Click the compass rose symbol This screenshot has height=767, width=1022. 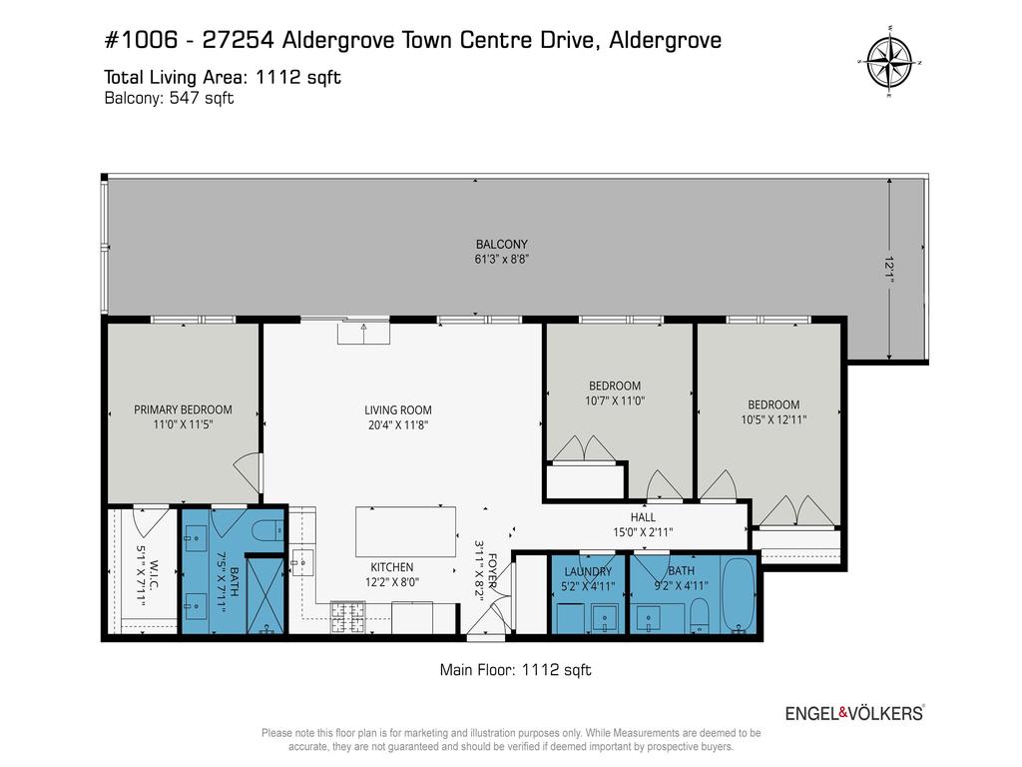(x=889, y=61)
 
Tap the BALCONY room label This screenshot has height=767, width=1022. (x=501, y=244)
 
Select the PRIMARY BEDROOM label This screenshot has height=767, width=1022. (x=184, y=409)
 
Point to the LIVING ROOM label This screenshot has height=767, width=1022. (x=397, y=410)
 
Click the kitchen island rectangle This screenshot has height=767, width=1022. (x=405, y=531)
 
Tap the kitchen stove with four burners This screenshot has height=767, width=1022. (x=347, y=617)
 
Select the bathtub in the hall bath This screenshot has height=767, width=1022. (x=739, y=595)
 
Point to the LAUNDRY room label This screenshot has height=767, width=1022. (x=588, y=572)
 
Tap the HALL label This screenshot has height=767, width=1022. (x=643, y=517)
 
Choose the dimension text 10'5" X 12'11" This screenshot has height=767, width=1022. (x=773, y=420)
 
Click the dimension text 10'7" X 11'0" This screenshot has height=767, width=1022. (x=615, y=401)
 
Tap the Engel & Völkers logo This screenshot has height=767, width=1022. (x=854, y=713)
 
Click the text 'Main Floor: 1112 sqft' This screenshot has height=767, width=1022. (x=516, y=670)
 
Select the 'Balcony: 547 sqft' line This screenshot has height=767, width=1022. (x=169, y=99)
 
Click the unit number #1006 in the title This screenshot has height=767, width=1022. (x=141, y=40)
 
